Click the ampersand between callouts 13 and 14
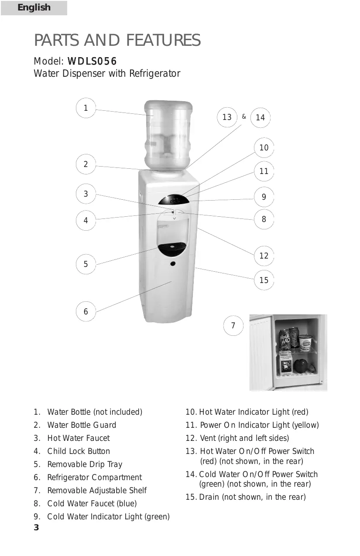tap(244, 116)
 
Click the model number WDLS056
tap(92, 61)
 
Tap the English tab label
tap(34, 7)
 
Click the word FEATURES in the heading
tap(163, 40)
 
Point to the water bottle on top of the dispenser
tap(168, 135)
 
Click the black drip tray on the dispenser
tap(172, 249)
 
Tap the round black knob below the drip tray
tap(173, 263)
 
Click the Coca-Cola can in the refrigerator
tap(294, 338)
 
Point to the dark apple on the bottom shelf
tap(301, 365)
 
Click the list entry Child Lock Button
tap(72, 451)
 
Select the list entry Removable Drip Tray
tap(78, 464)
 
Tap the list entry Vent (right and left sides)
tap(237, 438)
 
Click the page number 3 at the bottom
tap(36, 527)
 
